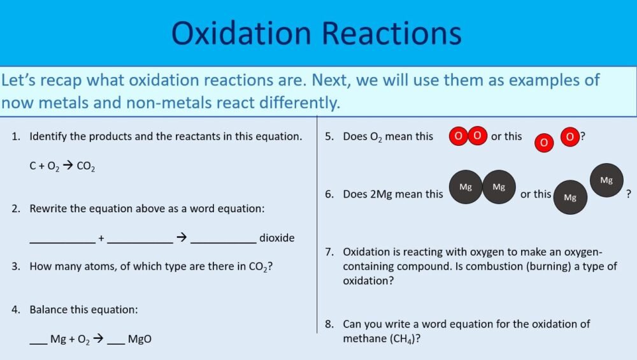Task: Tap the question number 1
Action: pyautogui.click(x=15, y=136)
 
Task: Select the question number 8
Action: pyautogui.click(x=329, y=324)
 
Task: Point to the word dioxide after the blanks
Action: pyautogui.click(x=276, y=238)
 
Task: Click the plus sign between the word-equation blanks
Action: pyautogui.click(x=101, y=238)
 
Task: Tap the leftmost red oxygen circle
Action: pyautogui.click(x=458, y=136)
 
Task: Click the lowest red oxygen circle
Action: pyautogui.click(x=543, y=143)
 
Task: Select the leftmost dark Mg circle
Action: pyautogui.click(x=466, y=187)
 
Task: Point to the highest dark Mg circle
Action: pyautogui.click(x=606, y=180)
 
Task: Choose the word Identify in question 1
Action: pyautogui.click(x=48, y=136)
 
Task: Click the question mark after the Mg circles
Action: pyautogui.click(x=629, y=194)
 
